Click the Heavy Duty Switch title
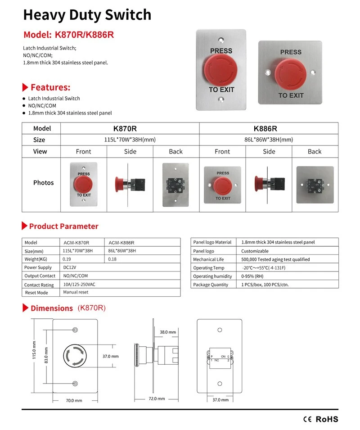click(x=87, y=15)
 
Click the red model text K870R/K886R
click(x=69, y=35)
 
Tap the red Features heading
click(x=50, y=87)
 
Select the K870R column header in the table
click(x=130, y=128)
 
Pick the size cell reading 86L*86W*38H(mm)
click(x=269, y=140)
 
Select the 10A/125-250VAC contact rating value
click(x=79, y=284)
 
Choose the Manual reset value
click(x=76, y=292)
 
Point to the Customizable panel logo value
click(x=255, y=251)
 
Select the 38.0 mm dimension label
click(x=167, y=332)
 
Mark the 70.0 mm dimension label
click(x=75, y=400)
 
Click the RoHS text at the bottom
click(x=326, y=419)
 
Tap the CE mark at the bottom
click(x=308, y=419)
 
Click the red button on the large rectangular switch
click(x=221, y=70)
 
